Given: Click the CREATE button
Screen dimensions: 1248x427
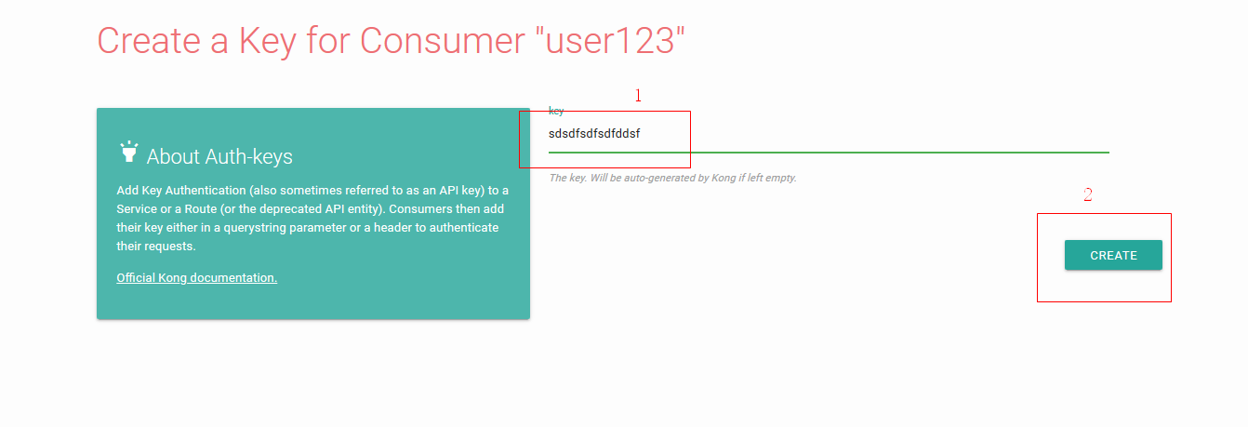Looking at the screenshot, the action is point(1113,255).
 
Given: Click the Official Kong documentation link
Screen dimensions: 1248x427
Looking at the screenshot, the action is point(196,277).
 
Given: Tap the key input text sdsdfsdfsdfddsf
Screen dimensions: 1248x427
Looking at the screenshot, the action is point(594,134).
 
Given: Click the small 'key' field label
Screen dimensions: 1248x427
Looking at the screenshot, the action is point(556,111).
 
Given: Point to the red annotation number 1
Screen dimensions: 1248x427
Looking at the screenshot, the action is point(638,96).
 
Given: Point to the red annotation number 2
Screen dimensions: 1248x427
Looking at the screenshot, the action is point(1087,194).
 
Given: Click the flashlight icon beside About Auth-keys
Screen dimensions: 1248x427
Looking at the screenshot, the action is point(128,152).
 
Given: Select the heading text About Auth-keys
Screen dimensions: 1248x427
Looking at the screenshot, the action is point(219,156).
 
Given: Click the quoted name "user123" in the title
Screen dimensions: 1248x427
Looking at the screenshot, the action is point(609,41).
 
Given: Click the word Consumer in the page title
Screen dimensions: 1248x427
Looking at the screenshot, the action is point(443,41).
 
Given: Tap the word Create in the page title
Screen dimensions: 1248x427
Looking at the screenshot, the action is point(149,41).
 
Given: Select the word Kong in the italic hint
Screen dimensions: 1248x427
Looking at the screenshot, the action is point(724,178).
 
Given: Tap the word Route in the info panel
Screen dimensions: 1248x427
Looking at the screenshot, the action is point(201,209).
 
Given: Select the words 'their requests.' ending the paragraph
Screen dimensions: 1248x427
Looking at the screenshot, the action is point(156,247).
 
